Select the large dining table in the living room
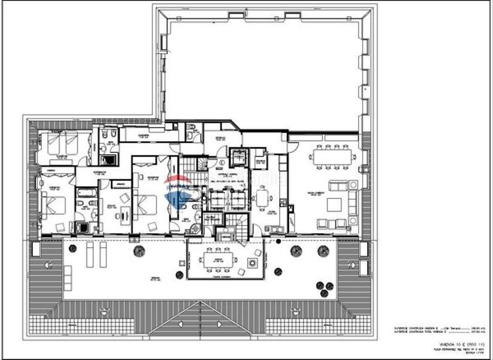[x=333, y=157]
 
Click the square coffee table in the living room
[x=335, y=204]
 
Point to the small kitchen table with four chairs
[x=264, y=198]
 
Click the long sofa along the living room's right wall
[x=353, y=203]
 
